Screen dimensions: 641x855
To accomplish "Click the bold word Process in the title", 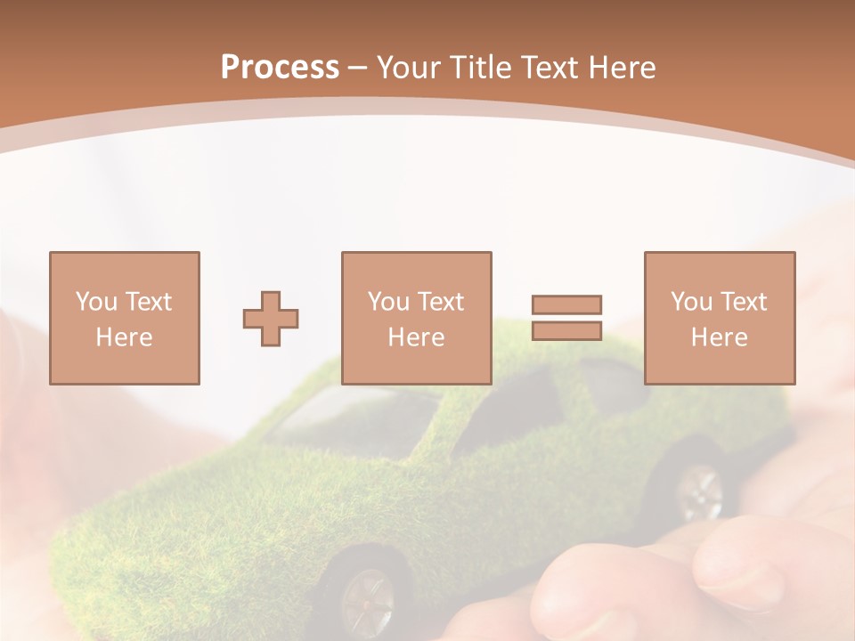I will point(280,68).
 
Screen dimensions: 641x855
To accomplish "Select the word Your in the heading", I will point(409,68).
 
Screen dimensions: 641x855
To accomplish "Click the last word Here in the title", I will point(623,68).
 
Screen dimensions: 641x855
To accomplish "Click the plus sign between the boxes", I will point(271,319).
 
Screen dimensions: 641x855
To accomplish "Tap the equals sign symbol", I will point(566,318).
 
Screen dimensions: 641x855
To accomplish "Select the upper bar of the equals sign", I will point(566,305).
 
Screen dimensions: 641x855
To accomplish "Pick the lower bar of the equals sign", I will point(566,330).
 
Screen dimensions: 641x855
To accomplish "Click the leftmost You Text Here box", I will point(125,318).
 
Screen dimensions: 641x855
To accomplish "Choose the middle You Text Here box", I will point(417,318).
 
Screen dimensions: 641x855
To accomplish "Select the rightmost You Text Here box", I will point(720,318).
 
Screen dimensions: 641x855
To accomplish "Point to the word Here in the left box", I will point(125,337).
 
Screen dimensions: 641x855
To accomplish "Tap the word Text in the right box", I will point(744,302).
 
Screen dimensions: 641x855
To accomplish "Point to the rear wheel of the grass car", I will point(700,491).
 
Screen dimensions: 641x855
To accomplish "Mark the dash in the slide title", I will point(358,68).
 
